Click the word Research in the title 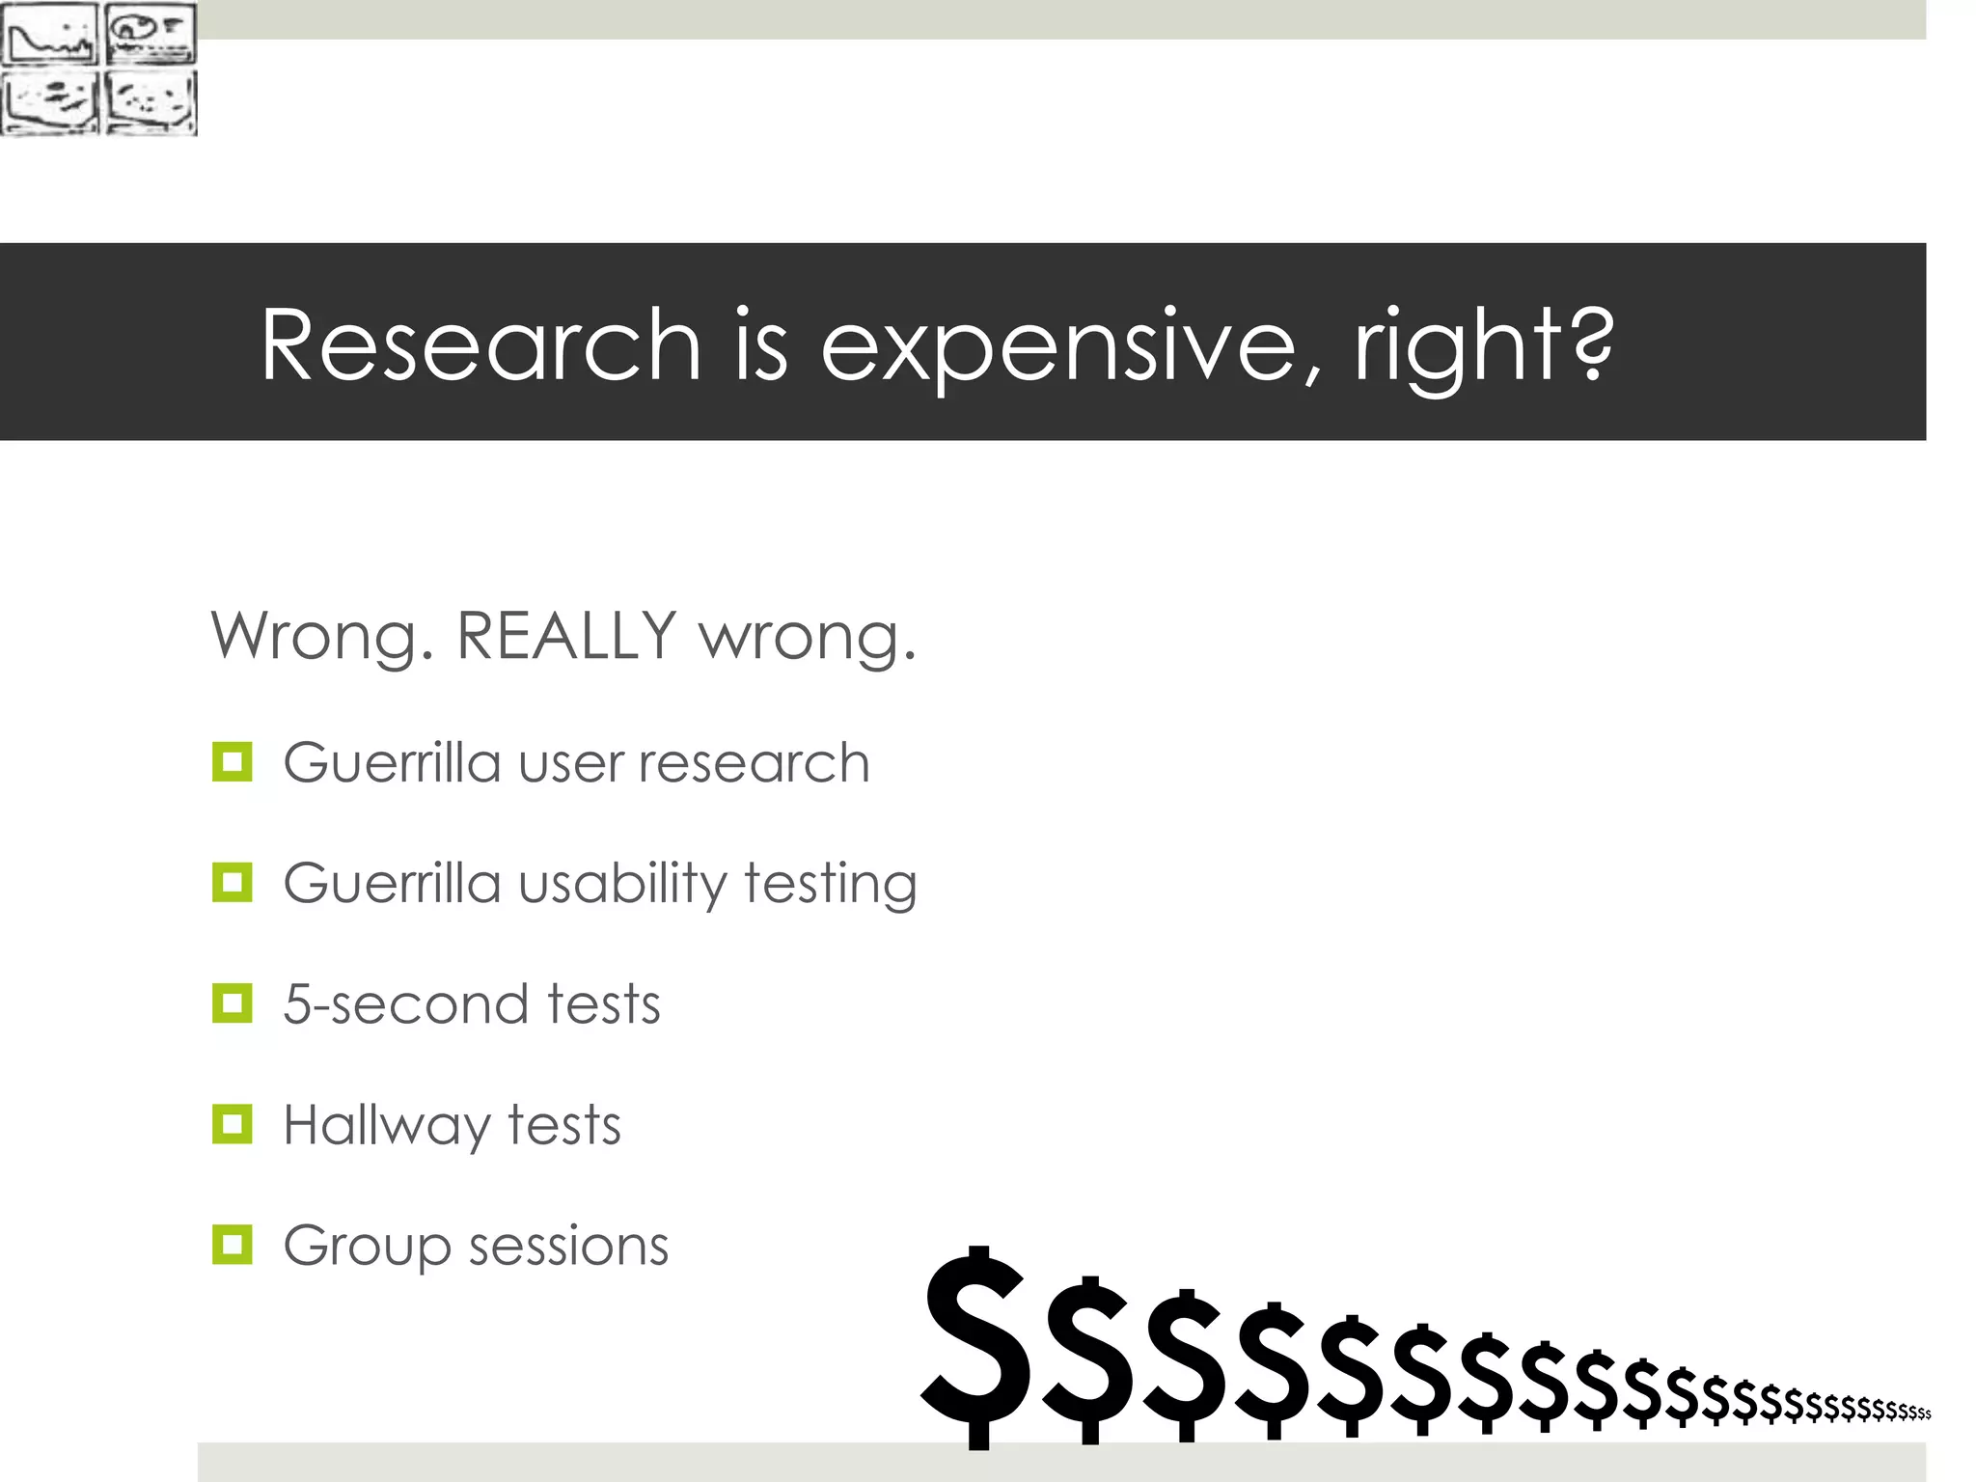(x=480, y=344)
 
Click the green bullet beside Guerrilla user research (x=232, y=761)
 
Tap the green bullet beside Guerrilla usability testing (x=232, y=882)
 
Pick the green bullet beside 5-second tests (x=232, y=1003)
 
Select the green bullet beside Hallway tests (x=232, y=1124)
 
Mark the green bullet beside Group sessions (x=232, y=1245)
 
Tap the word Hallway (x=387, y=1127)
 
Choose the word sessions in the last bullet (x=568, y=1246)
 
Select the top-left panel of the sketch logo (x=49, y=34)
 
